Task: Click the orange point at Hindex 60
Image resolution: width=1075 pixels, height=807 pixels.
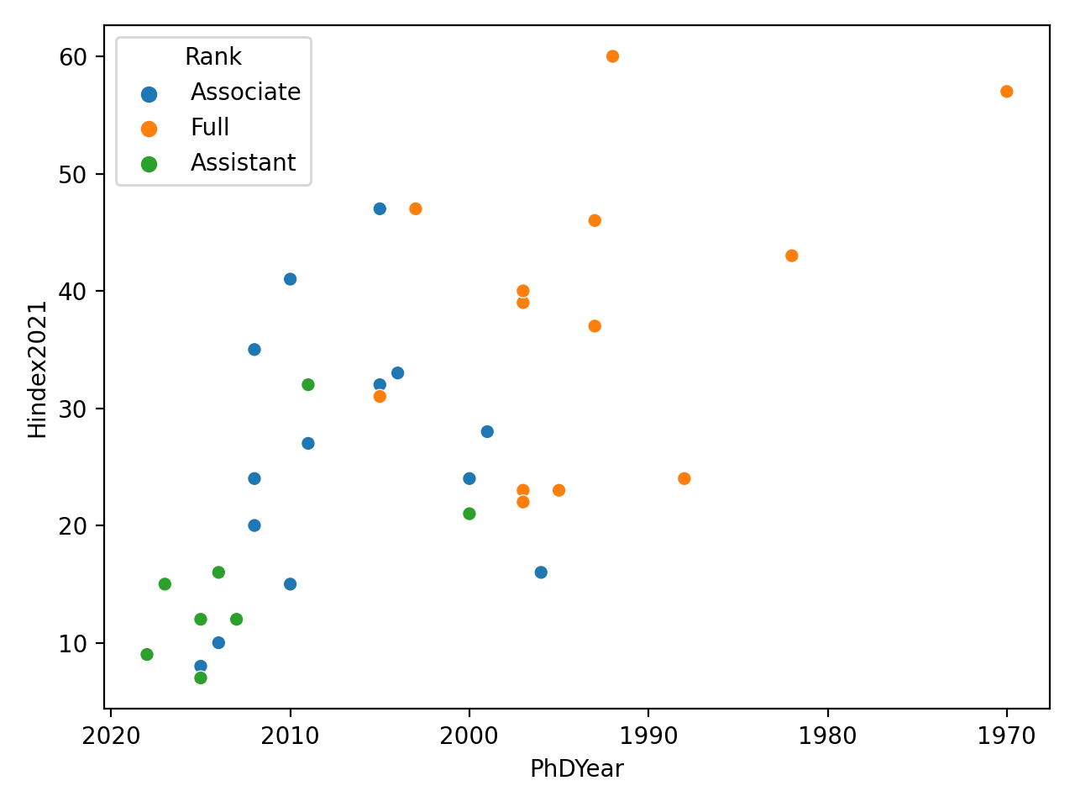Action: click(612, 56)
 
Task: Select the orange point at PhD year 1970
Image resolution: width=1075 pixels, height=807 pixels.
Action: click(1006, 92)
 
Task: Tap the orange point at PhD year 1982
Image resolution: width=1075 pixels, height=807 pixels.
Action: click(791, 256)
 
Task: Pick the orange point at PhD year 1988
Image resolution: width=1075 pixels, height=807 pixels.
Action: click(684, 478)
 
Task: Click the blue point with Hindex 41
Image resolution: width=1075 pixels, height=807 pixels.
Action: click(290, 279)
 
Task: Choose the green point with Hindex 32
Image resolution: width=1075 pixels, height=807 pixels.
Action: click(308, 385)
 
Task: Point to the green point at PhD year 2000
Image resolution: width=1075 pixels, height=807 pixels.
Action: click(469, 514)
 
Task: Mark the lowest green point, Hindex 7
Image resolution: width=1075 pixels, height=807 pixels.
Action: click(201, 678)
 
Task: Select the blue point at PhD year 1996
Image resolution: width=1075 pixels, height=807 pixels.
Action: click(541, 572)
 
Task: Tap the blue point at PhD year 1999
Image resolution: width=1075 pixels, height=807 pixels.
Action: click(487, 431)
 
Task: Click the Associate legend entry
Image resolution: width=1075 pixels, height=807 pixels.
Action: click(245, 92)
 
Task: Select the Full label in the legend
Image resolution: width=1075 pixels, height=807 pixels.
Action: click(210, 128)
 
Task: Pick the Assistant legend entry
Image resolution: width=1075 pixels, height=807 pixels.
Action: click(243, 163)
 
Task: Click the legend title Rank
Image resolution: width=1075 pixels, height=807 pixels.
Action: click(213, 57)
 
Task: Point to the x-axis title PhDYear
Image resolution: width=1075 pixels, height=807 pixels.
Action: click(576, 769)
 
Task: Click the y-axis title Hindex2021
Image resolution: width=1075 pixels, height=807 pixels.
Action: click(38, 369)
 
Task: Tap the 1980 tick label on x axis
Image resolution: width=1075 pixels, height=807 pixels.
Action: click(827, 737)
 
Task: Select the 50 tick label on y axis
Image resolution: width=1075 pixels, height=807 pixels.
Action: click(74, 175)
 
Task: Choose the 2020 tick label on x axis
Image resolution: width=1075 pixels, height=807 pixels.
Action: click(111, 737)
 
